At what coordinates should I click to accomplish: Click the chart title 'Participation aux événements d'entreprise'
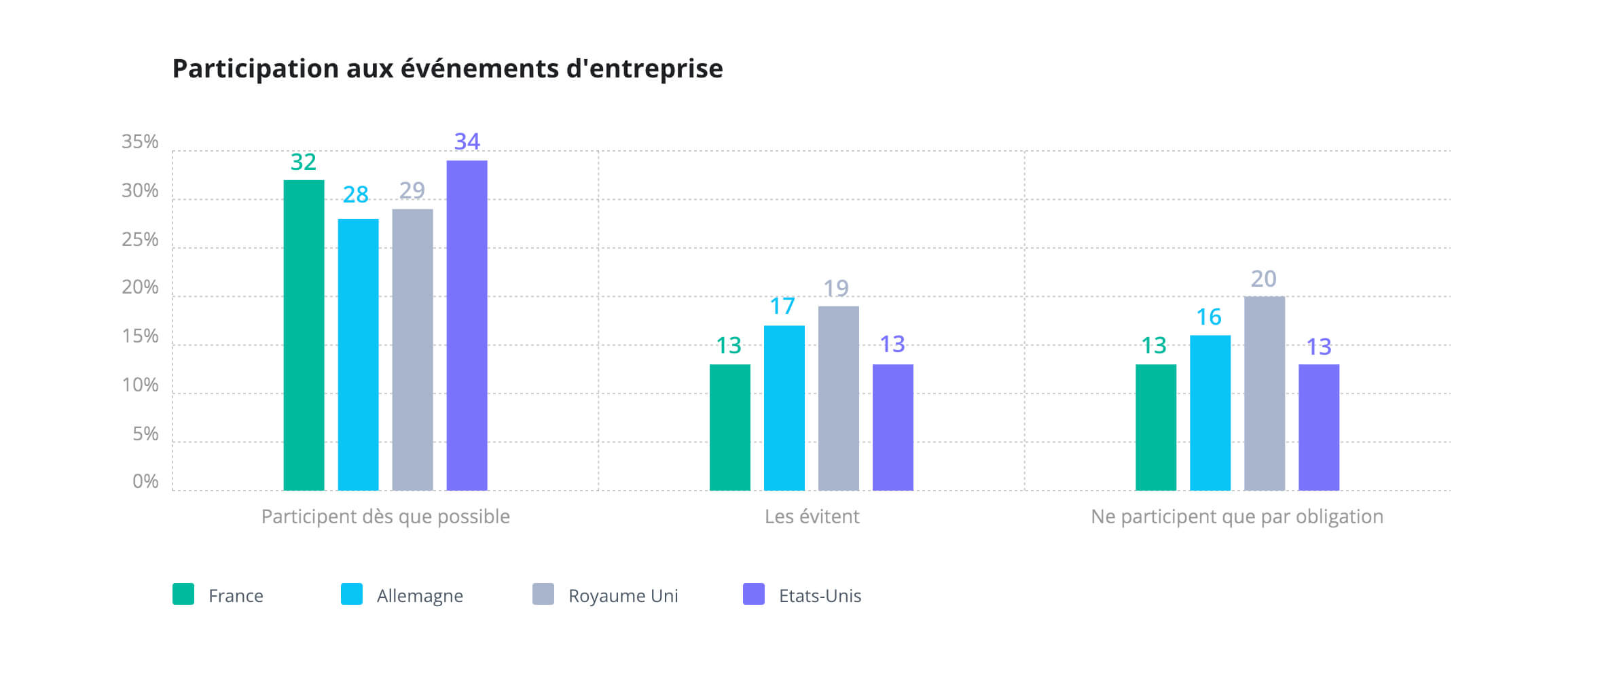coord(447,69)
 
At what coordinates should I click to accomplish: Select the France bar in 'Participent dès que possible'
coord(304,335)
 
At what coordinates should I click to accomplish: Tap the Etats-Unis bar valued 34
coord(467,325)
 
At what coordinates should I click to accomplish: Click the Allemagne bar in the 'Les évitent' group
coord(784,408)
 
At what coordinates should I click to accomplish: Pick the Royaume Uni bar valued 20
coord(1264,393)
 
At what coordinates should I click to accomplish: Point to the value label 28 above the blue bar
coord(355,195)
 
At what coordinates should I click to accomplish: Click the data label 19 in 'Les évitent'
coord(836,289)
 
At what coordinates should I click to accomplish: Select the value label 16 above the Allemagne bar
coord(1208,317)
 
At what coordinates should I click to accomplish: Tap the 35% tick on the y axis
coord(140,142)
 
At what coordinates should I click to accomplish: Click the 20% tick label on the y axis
coord(140,287)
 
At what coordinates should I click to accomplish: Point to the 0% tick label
coord(145,482)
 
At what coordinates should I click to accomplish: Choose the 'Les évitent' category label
coord(812,517)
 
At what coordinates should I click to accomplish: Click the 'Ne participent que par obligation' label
coord(1236,517)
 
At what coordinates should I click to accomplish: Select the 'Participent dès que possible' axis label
coord(385,517)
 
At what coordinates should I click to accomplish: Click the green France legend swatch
coord(183,594)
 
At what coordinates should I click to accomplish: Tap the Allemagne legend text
coord(420,596)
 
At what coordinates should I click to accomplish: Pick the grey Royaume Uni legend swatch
coord(543,594)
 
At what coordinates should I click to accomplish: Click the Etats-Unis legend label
coord(820,596)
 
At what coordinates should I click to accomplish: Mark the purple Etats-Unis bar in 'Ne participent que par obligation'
coord(1318,427)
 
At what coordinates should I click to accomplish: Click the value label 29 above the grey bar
coord(412,191)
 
